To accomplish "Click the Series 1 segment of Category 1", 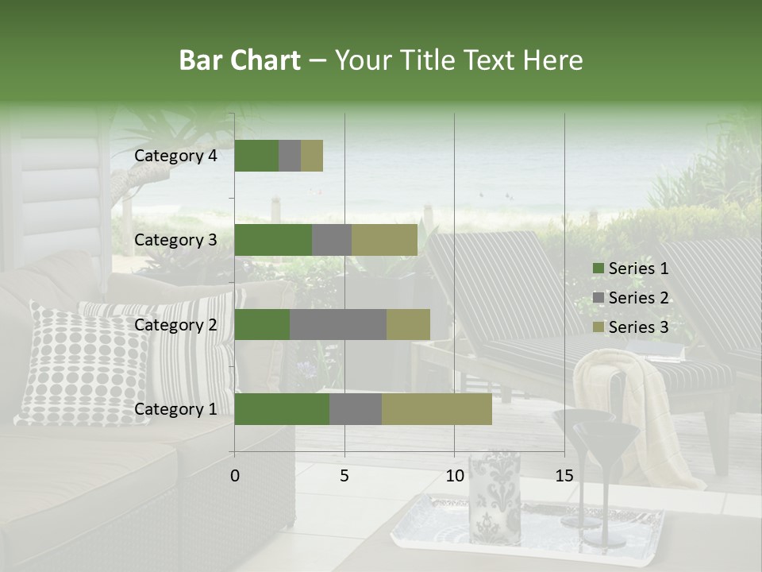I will [282, 409].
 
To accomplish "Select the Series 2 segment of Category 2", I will [338, 324].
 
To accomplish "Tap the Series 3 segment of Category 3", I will [384, 240].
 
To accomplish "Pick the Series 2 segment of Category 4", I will [290, 156].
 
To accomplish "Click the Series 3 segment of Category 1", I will [437, 409].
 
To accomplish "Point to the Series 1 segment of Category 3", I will [273, 240].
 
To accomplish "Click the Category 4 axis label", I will [175, 156].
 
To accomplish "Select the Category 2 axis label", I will [175, 324].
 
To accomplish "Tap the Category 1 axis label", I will [175, 409].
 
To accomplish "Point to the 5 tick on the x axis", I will [344, 476].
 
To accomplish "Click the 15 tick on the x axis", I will [564, 476].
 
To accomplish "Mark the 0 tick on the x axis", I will [235, 476].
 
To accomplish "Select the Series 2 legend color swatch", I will [598, 298].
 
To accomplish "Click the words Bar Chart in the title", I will [240, 60].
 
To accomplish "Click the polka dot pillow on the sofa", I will [79, 365].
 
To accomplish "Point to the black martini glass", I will [605, 445].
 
